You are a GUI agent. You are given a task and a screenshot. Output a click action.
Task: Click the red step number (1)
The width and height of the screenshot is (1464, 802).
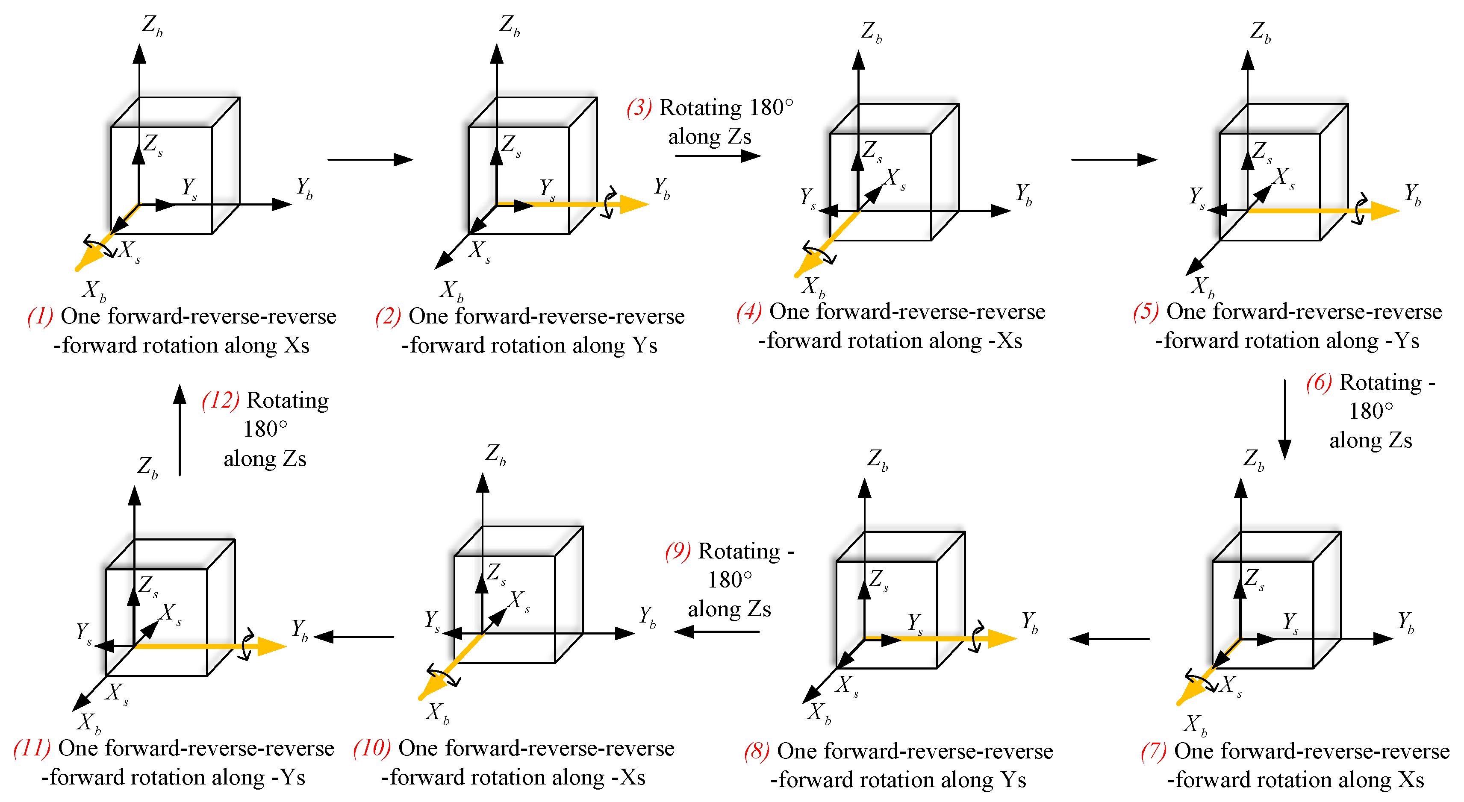click(40, 316)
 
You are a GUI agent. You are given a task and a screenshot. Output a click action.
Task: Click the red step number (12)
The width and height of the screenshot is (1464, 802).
click(220, 400)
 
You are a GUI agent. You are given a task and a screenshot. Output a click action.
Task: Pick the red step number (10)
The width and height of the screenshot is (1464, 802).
click(372, 749)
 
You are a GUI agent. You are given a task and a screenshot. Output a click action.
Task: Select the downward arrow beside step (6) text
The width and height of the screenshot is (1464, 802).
click(1284, 420)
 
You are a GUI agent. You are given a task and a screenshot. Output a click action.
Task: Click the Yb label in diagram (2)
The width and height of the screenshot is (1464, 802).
click(661, 188)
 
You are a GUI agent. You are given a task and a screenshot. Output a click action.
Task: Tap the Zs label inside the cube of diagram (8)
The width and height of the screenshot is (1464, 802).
click(878, 579)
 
